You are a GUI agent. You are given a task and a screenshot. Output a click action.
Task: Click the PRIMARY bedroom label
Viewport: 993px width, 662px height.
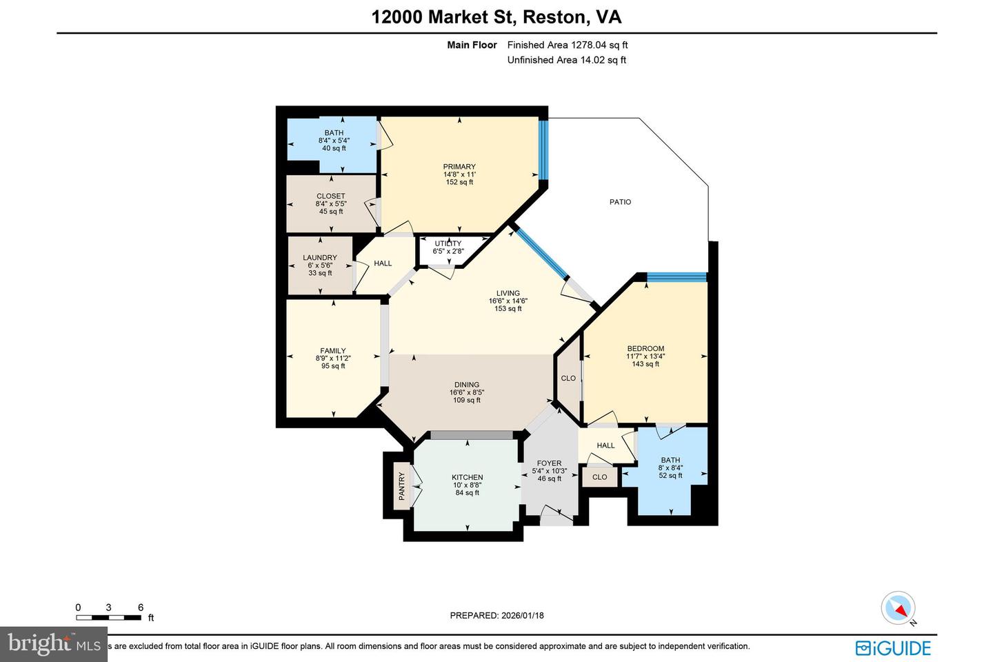[459, 166]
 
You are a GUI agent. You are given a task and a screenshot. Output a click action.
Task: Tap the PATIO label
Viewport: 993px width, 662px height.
[620, 202]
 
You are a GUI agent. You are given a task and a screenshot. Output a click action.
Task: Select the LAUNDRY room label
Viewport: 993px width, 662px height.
[320, 258]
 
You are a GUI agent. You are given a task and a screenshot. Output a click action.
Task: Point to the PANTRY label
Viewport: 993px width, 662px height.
[401, 486]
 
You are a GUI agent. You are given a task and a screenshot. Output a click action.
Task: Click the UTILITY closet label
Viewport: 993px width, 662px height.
[448, 243]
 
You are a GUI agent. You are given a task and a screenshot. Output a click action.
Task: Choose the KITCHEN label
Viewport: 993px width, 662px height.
[467, 477]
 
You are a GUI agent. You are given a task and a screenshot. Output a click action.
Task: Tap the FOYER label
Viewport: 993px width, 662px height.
[549, 463]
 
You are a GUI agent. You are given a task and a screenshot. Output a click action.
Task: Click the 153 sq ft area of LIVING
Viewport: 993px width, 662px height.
[508, 309]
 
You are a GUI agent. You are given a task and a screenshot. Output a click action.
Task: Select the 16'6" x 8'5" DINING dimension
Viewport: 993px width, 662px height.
[467, 392]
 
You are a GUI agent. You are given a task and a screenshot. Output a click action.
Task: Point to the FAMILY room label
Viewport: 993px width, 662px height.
[333, 351]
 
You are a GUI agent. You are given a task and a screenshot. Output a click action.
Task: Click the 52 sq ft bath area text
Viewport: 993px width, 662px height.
[670, 475]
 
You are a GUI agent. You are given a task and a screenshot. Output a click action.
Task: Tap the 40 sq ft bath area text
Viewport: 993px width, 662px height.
[334, 148]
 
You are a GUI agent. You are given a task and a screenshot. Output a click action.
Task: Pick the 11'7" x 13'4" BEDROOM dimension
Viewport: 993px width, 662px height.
[645, 357]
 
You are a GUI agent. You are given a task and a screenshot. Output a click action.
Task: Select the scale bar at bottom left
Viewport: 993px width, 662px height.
[109, 616]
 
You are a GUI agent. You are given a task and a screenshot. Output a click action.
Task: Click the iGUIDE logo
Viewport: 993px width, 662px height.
[893, 648]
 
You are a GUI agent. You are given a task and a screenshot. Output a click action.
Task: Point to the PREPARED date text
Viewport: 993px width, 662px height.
[496, 615]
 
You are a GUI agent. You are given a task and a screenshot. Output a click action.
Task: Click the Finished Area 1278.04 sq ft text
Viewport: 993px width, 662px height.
[567, 45]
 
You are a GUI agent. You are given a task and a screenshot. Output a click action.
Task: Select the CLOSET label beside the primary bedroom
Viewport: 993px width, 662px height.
[331, 196]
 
